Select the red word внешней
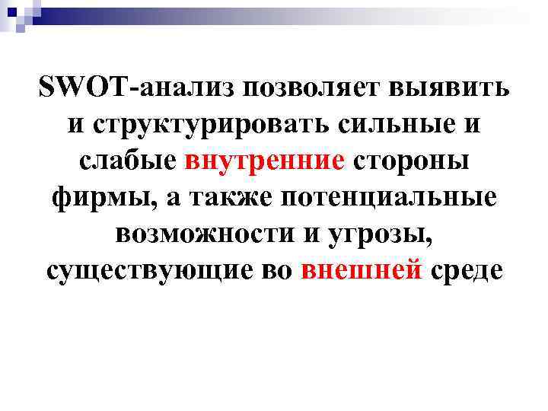pyautogui.click(x=362, y=271)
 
